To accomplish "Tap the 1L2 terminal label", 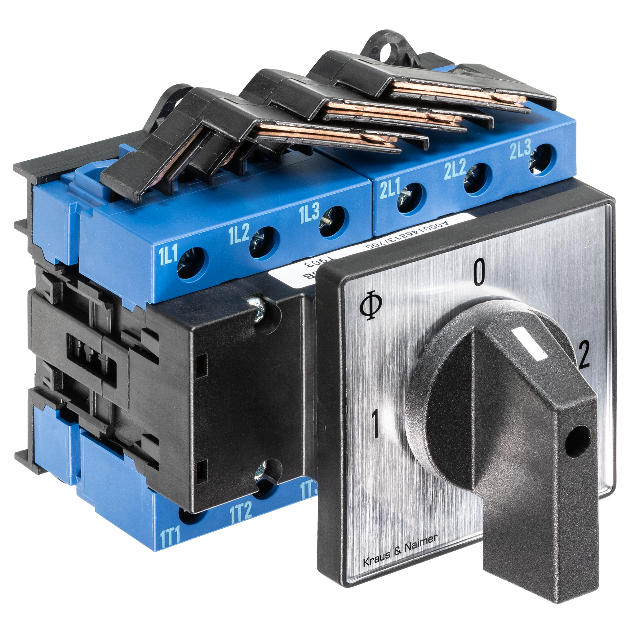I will (x=239, y=234).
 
